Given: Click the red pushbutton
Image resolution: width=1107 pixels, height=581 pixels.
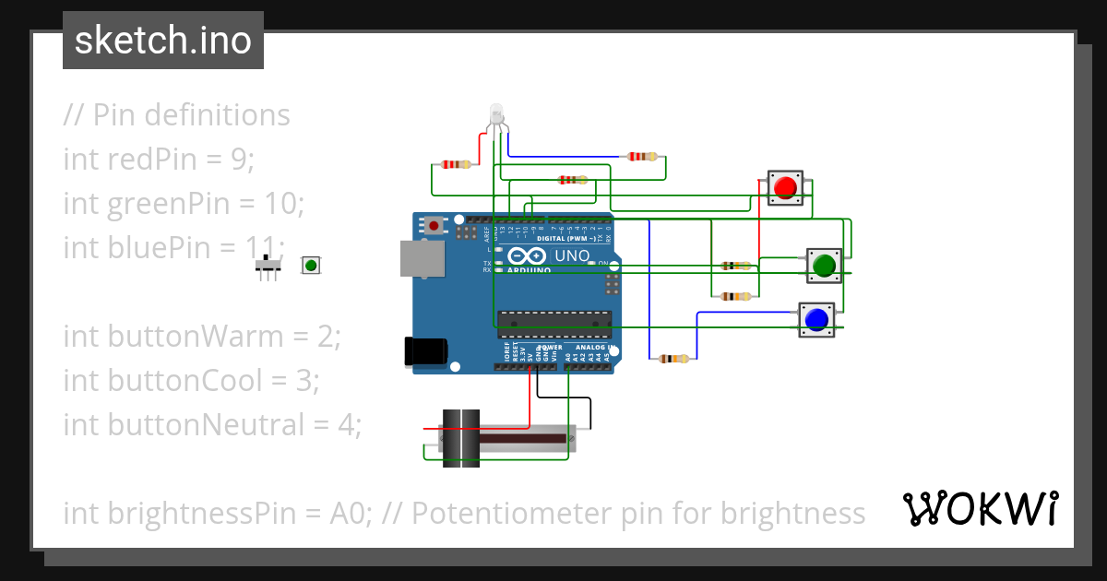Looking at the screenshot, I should tap(785, 188).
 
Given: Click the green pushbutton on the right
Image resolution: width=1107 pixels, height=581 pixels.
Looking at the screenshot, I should tap(823, 266).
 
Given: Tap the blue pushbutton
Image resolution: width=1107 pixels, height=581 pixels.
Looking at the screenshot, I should tap(815, 319).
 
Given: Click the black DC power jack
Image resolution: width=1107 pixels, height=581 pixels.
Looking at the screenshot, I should tap(425, 351).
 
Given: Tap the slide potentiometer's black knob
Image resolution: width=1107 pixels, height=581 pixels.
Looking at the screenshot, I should tap(461, 437).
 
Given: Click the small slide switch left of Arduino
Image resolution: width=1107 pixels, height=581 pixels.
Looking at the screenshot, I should tap(268, 267).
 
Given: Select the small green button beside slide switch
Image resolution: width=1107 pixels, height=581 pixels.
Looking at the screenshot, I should tap(311, 266).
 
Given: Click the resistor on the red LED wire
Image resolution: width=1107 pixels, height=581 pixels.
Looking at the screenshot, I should tap(456, 164).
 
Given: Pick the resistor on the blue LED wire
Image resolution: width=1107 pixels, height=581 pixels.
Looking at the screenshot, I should tap(643, 156).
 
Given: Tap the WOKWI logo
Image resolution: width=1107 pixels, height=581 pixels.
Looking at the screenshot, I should tap(980, 508).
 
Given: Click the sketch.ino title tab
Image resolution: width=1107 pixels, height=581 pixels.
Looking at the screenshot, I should tap(163, 41).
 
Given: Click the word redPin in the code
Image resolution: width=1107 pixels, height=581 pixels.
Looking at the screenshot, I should tap(150, 159).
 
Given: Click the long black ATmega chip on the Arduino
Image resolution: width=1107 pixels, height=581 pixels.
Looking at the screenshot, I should tap(554, 319).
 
